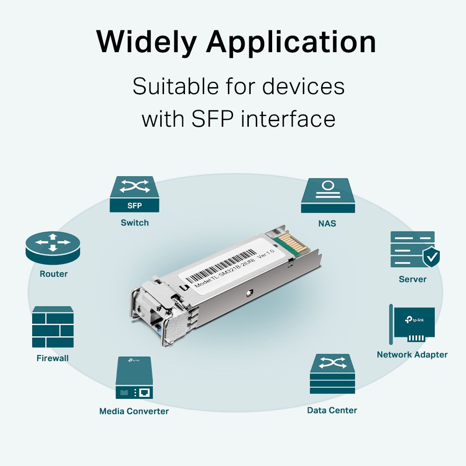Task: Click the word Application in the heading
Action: tap(291, 43)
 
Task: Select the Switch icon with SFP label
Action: tap(135, 194)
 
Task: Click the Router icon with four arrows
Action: tap(53, 247)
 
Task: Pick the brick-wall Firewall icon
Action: tap(53, 327)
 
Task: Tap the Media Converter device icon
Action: tap(134, 378)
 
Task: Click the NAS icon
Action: tap(327, 195)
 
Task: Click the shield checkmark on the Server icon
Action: tap(431, 256)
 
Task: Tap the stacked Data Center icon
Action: tap(332, 374)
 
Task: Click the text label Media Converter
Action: tap(134, 411)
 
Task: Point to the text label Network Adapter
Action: tap(412, 355)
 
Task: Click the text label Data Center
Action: tap(332, 410)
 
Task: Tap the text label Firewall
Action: tap(53, 358)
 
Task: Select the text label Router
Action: tap(54, 274)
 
